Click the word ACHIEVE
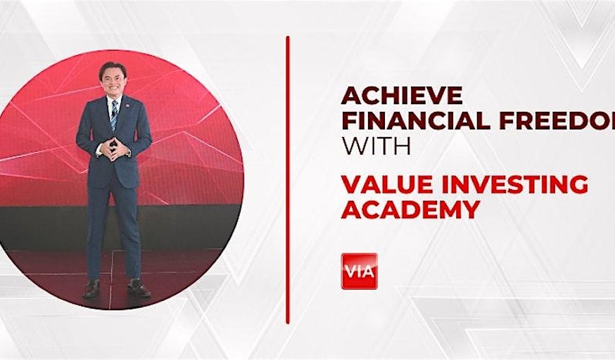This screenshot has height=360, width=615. click(x=402, y=95)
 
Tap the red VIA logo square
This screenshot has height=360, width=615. click(x=359, y=271)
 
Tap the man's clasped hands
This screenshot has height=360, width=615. click(x=113, y=148)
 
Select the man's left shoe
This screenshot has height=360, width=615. click(x=138, y=288)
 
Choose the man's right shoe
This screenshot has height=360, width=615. click(x=91, y=288)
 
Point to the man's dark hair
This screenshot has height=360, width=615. click(x=113, y=66)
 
